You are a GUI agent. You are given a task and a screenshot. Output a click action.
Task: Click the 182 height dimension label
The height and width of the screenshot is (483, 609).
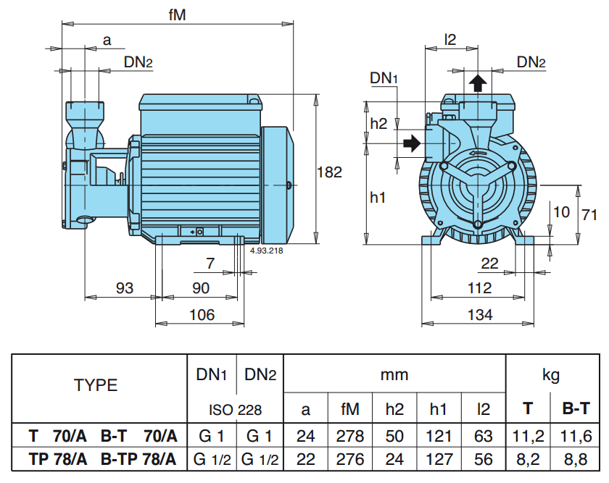click(329, 172)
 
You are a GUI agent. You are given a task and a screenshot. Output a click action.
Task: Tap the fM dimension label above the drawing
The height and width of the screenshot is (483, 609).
click(178, 15)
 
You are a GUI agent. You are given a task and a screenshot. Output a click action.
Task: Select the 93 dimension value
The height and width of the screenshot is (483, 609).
click(125, 288)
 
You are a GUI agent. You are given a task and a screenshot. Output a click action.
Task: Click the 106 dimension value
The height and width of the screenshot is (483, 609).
click(202, 314)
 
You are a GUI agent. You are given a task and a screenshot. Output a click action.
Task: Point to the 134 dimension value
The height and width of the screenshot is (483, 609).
click(480, 314)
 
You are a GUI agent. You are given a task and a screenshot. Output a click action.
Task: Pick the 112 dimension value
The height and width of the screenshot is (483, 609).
click(480, 288)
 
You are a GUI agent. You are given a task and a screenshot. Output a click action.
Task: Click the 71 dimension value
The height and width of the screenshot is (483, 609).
click(589, 214)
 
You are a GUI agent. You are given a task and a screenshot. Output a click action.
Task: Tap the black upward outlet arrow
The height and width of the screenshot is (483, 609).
click(478, 83)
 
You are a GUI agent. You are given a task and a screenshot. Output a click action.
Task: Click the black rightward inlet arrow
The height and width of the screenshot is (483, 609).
click(412, 143)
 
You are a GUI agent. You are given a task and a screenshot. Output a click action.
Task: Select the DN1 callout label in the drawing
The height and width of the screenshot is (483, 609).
click(384, 78)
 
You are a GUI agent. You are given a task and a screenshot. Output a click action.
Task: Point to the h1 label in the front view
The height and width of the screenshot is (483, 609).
click(378, 198)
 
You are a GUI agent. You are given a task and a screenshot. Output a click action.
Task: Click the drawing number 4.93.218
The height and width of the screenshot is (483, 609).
click(267, 251)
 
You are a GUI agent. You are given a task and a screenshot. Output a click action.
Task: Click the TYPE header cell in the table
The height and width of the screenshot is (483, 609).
click(96, 385)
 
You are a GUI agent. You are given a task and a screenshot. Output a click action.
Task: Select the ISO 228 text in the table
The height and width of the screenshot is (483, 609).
click(236, 410)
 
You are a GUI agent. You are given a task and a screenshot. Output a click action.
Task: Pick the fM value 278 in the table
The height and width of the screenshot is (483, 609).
click(350, 436)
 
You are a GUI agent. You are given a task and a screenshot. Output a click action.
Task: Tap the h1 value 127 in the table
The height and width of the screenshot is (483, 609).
click(439, 459)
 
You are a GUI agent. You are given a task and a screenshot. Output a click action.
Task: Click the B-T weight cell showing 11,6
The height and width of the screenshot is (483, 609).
click(576, 436)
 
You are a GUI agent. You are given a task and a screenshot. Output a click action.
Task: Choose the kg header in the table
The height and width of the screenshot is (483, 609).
click(551, 376)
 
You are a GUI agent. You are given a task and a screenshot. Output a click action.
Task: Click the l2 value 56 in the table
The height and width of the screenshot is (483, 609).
click(484, 459)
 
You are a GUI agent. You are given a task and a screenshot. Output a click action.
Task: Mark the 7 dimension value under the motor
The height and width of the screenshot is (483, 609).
click(210, 264)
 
